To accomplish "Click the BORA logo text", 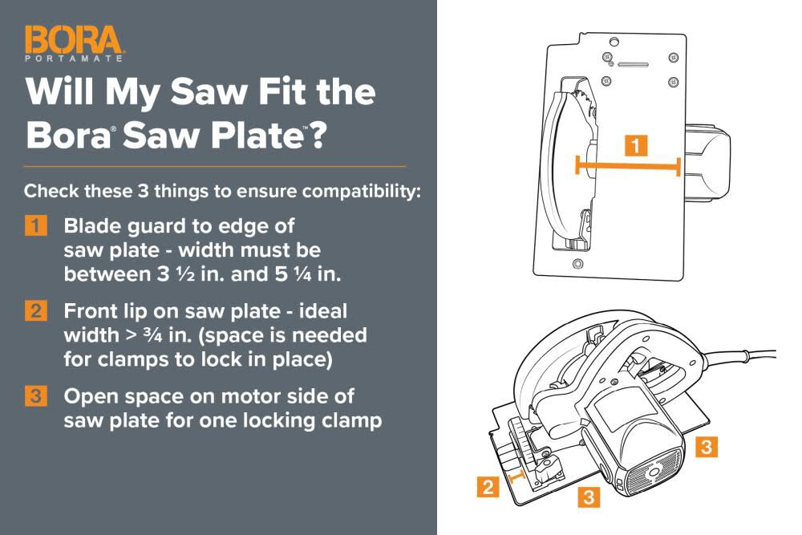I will pyautogui.click(x=73, y=40).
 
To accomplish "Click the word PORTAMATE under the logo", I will pyautogui.click(x=73, y=59).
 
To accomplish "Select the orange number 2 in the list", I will pyautogui.click(x=36, y=310).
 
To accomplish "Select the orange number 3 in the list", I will pyautogui.click(x=36, y=396).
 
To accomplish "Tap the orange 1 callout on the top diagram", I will pyautogui.click(x=636, y=146).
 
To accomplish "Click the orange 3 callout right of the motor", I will pyautogui.click(x=704, y=447).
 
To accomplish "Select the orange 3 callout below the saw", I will pyautogui.click(x=588, y=497).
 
